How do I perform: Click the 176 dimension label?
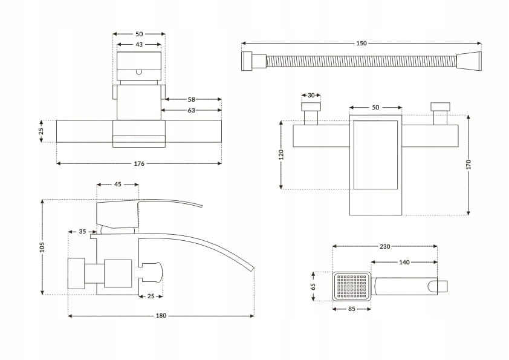click(x=139, y=163)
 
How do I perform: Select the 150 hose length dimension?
click(x=361, y=43)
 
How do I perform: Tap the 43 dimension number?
click(x=139, y=45)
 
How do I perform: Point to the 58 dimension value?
click(x=191, y=99)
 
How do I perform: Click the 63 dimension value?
click(x=191, y=110)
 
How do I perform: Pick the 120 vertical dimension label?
click(x=281, y=155)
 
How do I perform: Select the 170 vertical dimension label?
click(x=468, y=164)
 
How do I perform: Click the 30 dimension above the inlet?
click(x=311, y=96)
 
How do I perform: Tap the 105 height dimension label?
click(x=42, y=247)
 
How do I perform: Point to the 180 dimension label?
click(x=161, y=316)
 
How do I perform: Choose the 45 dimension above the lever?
click(x=118, y=185)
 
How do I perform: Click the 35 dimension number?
click(x=82, y=232)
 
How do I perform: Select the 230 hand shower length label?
click(x=385, y=246)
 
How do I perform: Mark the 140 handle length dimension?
click(x=404, y=262)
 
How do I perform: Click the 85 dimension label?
click(x=351, y=308)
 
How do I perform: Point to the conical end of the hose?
click(x=469, y=61)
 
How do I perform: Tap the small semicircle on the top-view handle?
click(x=139, y=71)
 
